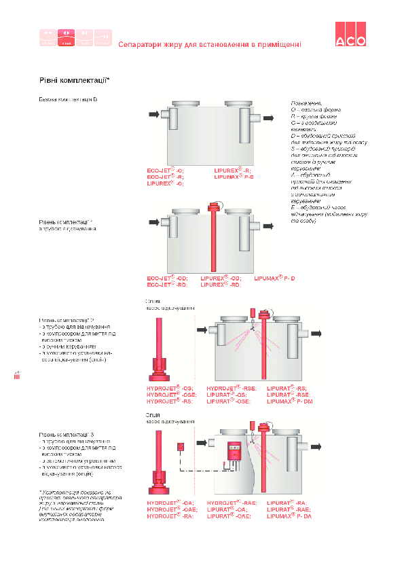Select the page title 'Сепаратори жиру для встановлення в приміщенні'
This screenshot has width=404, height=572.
click(x=210, y=44)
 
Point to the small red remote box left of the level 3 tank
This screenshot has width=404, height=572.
click(x=181, y=448)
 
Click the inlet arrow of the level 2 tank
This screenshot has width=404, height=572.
click(x=202, y=329)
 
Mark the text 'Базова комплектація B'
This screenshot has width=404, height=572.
click(x=68, y=100)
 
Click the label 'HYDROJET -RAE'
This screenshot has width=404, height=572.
click(x=232, y=510)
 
